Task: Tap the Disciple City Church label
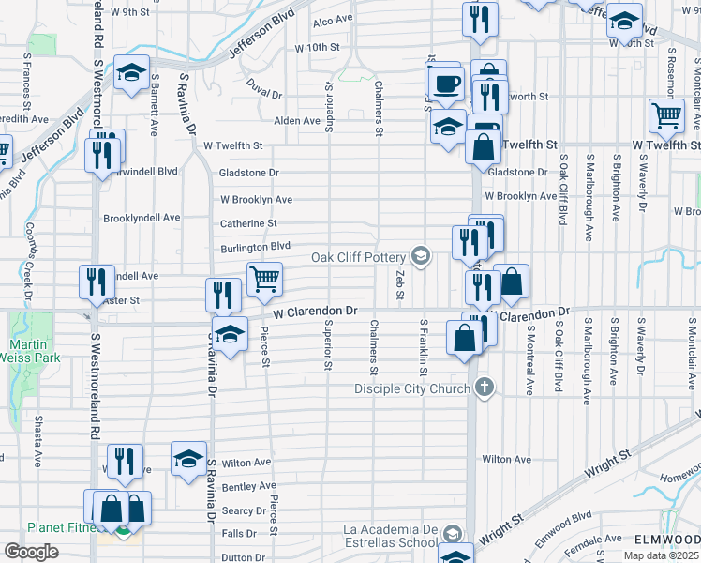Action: (x=413, y=388)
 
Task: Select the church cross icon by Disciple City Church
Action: (x=485, y=388)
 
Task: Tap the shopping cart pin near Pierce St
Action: (x=265, y=278)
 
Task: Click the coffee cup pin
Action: (x=446, y=84)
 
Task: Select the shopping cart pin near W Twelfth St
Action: (x=666, y=116)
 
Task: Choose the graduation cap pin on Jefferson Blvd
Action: (x=132, y=71)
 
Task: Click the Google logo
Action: (x=31, y=552)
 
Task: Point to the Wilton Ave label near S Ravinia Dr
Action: (x=246, y=463)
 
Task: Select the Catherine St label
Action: (x=248, y=223)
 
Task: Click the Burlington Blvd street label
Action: (x=256, y=246)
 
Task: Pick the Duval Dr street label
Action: (x=265, y=93)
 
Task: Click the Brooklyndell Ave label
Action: (x=142, y=217)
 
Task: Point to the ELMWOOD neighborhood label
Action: (x=667, y=540)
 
